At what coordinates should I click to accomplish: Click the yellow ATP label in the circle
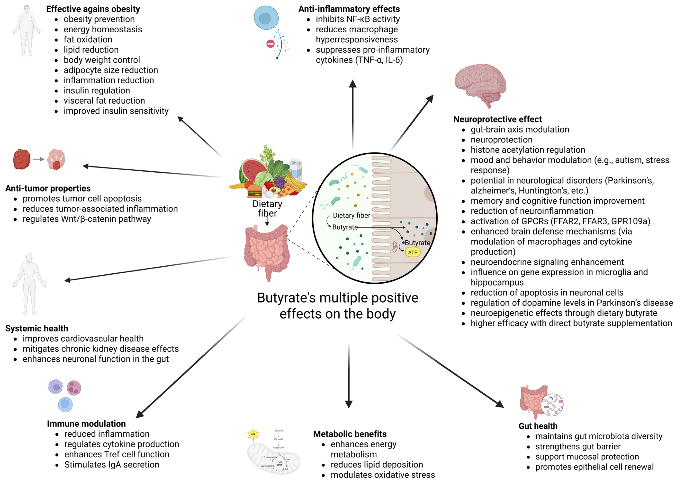pyautogui.click(x=412, y=252)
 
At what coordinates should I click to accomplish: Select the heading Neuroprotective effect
pyautogui.click(x=497, y=119)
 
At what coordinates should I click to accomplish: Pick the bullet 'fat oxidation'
pyautogui.click(x=88, y=39)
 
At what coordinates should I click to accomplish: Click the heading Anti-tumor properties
pyautogui.click(x=48, y=188)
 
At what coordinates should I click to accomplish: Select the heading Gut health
pyautogui.click(x=538, y=426)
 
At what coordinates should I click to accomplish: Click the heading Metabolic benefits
pyautogui.click(x=350, y=434)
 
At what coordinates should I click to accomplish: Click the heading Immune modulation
pyautogui.click(x=86, y=424)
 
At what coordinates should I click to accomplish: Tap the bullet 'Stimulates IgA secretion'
pyautogui.click(x=112, y=464)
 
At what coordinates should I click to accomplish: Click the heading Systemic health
pyautogui.click(x=37, y=328)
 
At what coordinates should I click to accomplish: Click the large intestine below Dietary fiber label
pyautogui.click(x=266, y=250)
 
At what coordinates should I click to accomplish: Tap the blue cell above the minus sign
pyautogui.click(x=266, y=18)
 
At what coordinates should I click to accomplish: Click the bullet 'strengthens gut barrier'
pyautogui.click(x=578, y=446)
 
